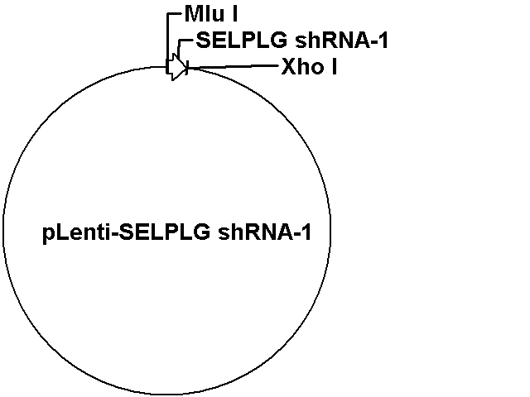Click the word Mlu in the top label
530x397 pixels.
205,14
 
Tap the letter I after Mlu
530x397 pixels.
234,14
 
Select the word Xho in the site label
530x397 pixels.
302,66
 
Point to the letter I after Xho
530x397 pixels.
334,66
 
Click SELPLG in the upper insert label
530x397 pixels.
242,41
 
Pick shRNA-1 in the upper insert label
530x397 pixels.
341,41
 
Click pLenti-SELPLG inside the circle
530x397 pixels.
127,232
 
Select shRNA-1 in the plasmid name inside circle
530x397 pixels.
264,232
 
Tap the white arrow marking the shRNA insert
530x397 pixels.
177,67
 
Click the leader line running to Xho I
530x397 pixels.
234,67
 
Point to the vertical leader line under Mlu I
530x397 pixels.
167,42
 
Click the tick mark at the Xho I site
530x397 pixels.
187,68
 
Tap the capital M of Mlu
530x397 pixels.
194,14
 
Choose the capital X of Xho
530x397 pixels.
288,66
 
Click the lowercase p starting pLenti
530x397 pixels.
48,234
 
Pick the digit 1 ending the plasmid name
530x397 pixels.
306,232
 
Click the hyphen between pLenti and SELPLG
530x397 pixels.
114,234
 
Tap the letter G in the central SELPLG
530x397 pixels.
202,232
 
